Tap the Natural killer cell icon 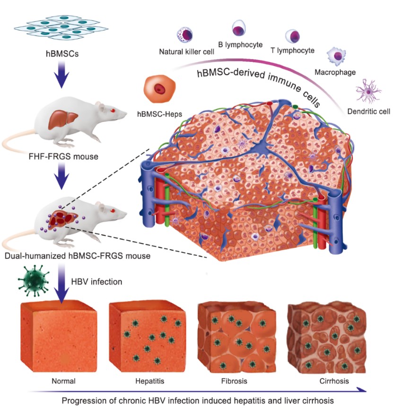tap(183, 35)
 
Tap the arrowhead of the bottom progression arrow tap(360, 389)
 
